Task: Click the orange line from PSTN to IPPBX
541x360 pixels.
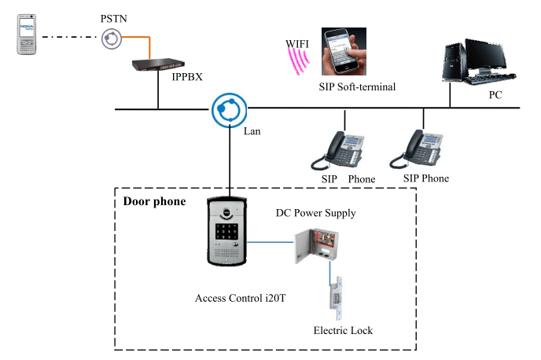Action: (x=135, y=37)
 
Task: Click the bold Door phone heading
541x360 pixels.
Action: (x=154, y=202)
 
